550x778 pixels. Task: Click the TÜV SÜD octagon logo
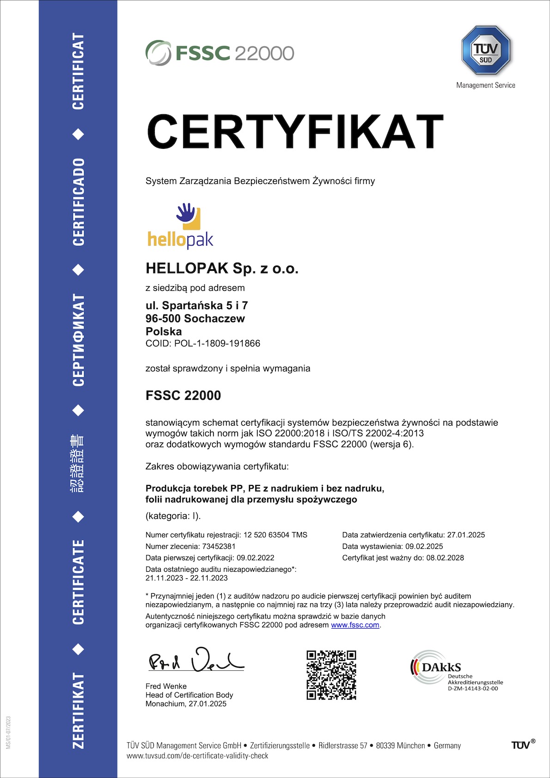(485, 50)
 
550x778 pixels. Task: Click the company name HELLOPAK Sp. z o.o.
(222, 268)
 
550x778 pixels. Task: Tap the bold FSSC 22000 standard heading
(183, 395)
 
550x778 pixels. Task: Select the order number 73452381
(219, 546)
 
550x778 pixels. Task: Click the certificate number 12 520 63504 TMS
(275, 535)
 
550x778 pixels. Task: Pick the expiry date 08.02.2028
(445, 558)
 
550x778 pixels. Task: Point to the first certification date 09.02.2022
(256, 558)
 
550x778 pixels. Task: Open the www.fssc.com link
(355, 625)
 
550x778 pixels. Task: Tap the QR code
(331, 675)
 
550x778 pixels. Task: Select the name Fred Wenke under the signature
(166, 686)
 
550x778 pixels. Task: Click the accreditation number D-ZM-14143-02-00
(473, 688)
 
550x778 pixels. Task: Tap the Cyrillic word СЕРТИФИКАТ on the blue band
(79, 340)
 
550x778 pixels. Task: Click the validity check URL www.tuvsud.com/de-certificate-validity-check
(197, 756)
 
